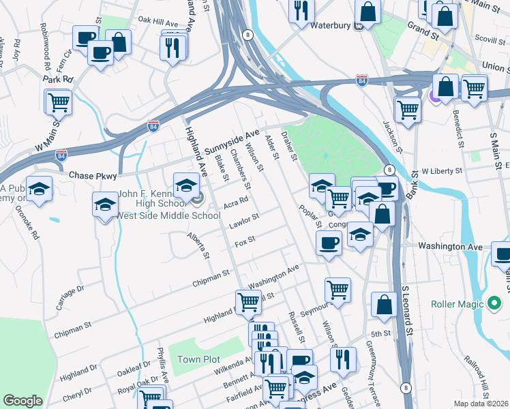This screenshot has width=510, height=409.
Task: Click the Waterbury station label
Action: [x=330, y=26]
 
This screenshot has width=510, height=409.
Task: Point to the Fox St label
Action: [x=244, y=241]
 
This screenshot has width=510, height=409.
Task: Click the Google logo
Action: [x=23, y=401]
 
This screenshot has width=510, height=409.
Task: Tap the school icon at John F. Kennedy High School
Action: [x=186, y=184]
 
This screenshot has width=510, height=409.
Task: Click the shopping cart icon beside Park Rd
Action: [x=59, y=102]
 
